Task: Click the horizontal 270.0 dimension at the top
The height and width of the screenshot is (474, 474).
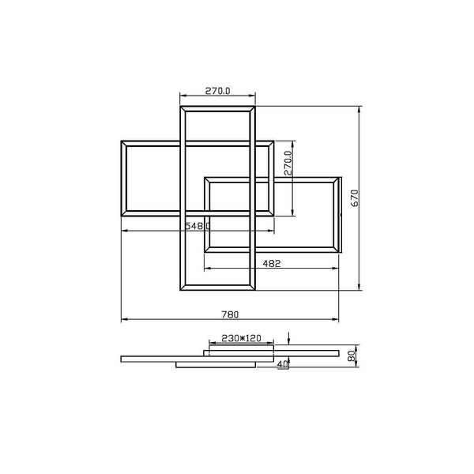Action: tap(217, 92)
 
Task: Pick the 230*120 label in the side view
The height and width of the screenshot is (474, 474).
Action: tap(241, 338)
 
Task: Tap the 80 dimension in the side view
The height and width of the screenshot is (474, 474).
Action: tap(350, 356)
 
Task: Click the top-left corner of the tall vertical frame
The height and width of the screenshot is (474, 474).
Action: tap(181, 105)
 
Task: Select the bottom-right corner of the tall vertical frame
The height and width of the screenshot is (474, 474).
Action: tap(256, 289)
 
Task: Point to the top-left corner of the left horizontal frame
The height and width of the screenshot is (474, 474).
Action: tap(121, 141)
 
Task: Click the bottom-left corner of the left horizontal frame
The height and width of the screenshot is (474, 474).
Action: tap(121, 215)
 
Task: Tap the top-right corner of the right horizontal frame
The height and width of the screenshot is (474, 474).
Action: tap(341, 176)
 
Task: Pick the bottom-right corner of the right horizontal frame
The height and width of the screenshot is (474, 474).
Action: tap(341, 252)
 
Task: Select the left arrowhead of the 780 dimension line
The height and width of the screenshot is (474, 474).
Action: tap(123, 321)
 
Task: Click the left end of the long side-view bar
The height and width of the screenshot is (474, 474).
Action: tap(121, 359)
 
